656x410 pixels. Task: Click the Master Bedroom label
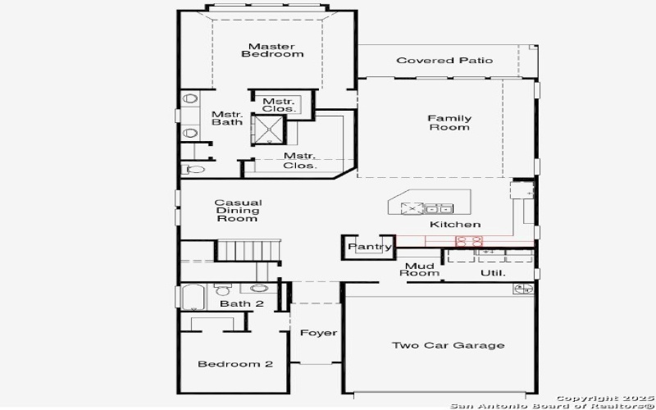(272, 50)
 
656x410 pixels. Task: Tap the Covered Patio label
(444, 61)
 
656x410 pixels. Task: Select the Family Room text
(449, 123)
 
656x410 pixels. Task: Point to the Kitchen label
(454, 225)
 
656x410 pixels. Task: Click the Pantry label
(366, 246)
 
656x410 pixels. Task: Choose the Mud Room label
(419, 269)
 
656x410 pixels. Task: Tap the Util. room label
(493, 273)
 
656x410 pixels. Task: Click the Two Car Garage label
(447, 345)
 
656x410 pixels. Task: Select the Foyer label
(318, 333)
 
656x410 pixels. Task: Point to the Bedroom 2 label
(235, 364)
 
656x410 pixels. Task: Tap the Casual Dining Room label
(238, 210)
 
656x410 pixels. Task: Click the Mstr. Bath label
(226, 119)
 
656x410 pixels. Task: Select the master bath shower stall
(267, 129)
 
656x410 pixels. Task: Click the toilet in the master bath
(194, 170)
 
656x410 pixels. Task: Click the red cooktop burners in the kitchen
(470, 241)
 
